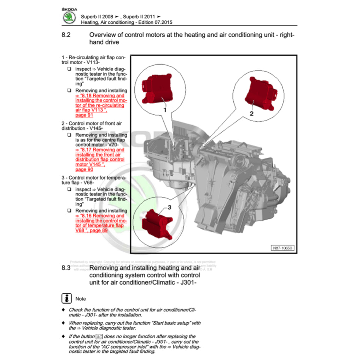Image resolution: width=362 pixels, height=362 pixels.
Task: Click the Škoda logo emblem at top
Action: (69, 17)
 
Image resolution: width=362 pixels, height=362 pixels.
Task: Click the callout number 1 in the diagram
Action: (164, 110)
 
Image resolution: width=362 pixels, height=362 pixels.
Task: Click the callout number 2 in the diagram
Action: (251, 113)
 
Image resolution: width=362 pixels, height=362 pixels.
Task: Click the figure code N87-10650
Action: (282, 248)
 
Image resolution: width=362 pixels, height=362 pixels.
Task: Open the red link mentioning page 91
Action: (100, 105)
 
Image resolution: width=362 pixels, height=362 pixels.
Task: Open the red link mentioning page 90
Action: (100, 159)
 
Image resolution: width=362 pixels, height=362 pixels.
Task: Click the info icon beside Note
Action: (66, 298)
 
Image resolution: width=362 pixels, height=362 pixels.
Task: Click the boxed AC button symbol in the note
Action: (99, 337)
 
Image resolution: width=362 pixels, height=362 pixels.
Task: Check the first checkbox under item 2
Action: (69, 135)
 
